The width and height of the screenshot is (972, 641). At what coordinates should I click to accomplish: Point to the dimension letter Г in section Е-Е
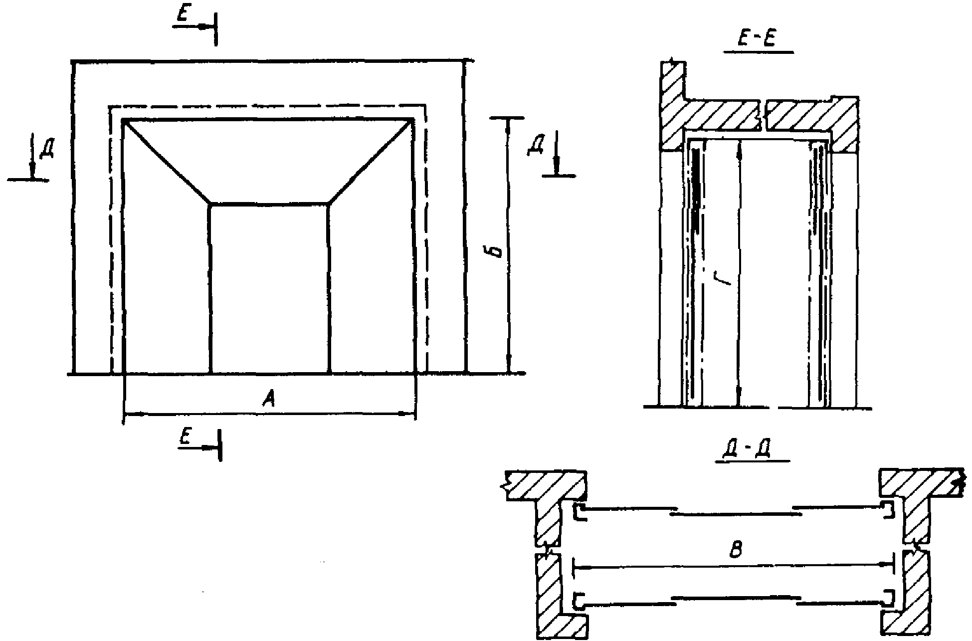[x=726, y=275]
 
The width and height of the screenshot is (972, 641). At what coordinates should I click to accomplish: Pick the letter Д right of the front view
[x=536, y=147]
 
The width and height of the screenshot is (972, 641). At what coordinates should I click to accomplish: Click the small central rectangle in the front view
[x=269, y=288]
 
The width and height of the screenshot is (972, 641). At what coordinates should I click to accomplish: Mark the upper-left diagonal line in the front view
[x=167, y=162]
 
